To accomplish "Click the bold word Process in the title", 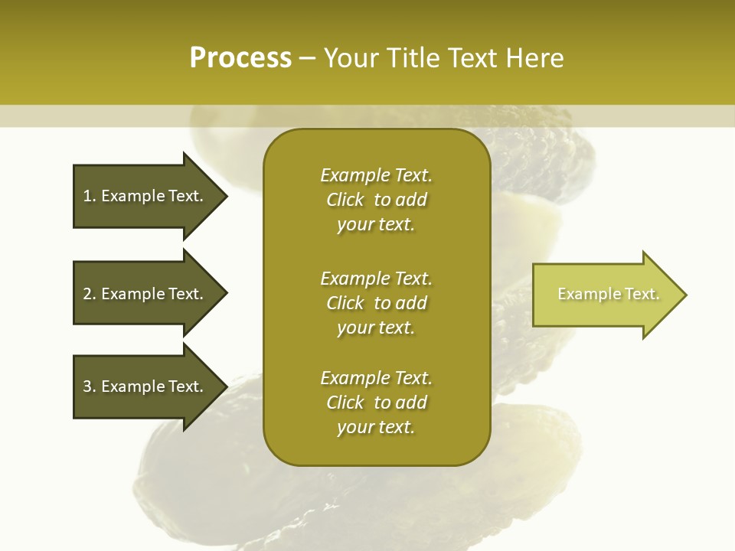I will point(240,58).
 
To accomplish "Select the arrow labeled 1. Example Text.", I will point(145,196).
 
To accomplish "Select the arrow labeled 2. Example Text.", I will point(145,294).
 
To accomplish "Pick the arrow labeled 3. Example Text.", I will point(145,386).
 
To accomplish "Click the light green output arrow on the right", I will point(605,295).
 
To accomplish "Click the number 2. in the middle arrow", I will point(90,294).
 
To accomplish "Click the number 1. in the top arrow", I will point(90,196).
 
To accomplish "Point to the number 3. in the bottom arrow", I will point(90,386).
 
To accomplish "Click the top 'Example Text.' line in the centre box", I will point(376,175).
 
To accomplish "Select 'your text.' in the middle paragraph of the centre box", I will point(376,328).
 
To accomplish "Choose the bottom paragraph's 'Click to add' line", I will point(376,403).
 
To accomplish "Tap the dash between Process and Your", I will point(308,58).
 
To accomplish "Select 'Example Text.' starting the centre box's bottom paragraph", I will point(376,378).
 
